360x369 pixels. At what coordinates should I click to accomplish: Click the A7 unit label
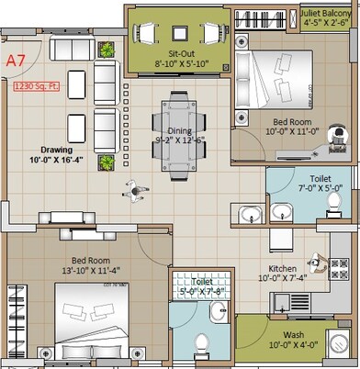(15, 61)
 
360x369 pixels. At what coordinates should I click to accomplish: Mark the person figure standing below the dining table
(136, 191)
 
